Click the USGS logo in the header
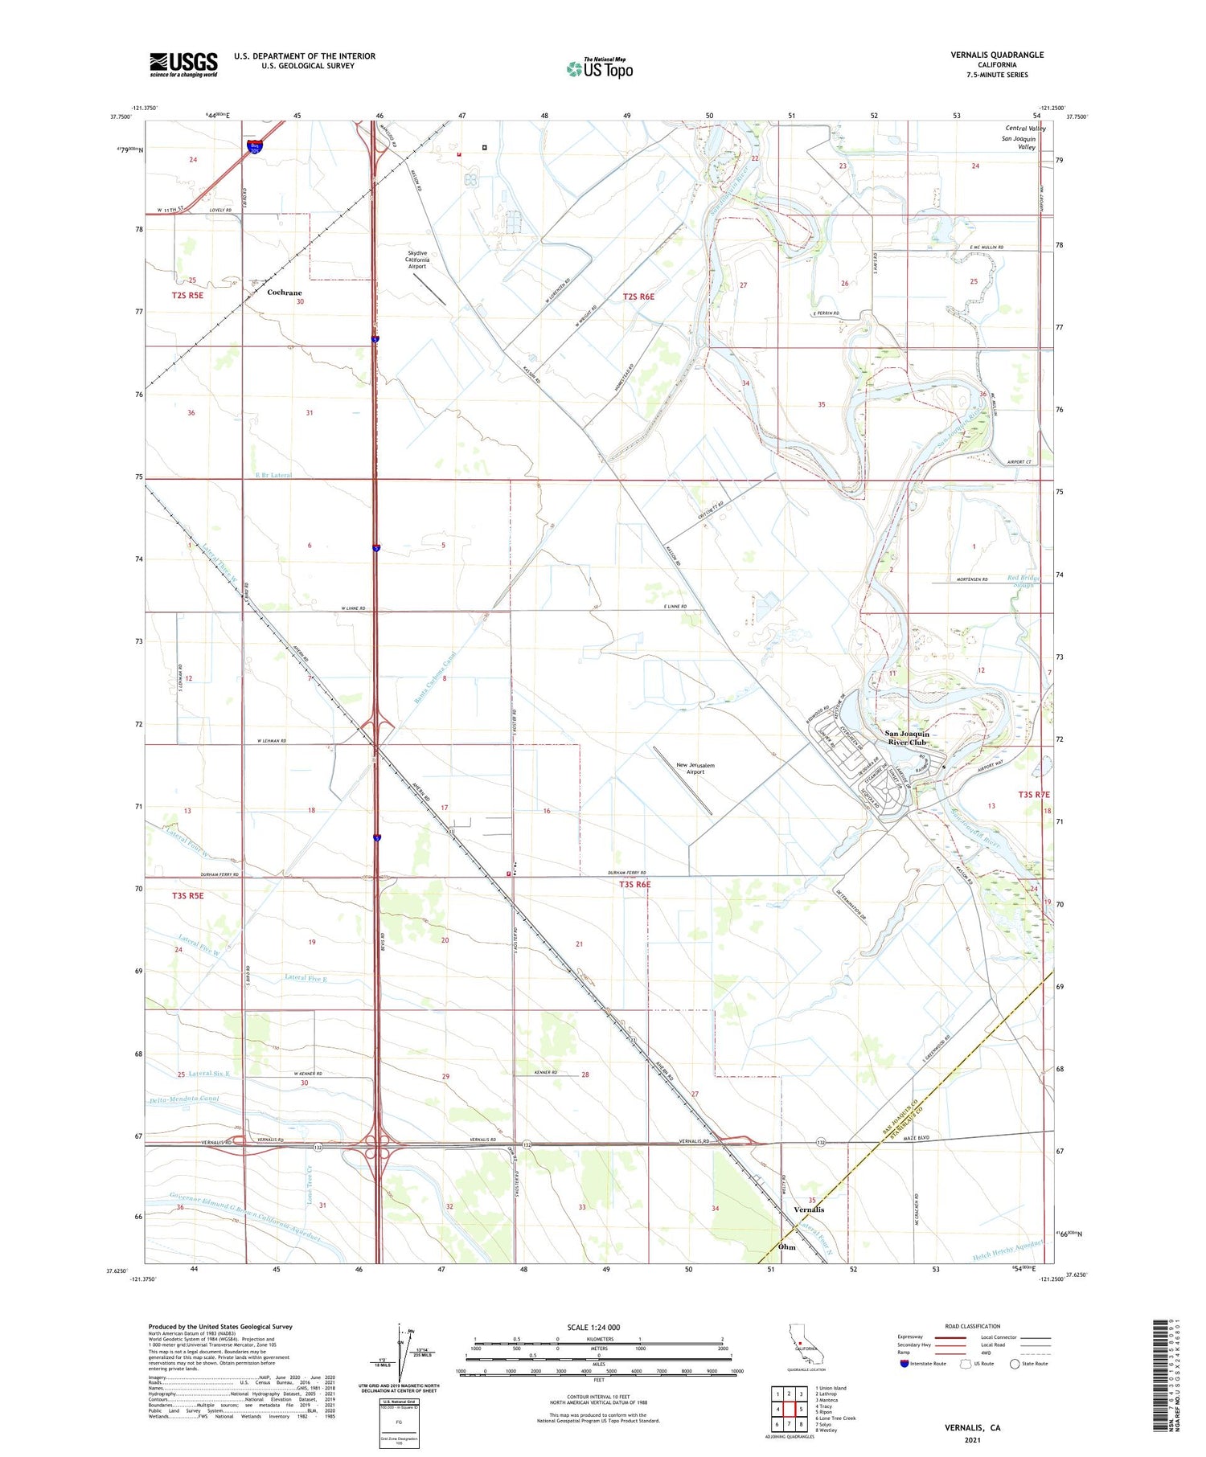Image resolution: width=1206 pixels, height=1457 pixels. click(183, 64)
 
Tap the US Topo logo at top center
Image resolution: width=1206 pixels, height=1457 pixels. click(599, 68)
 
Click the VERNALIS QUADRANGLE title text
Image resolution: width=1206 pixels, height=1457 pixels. click(997, 55)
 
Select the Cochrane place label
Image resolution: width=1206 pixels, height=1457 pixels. click(284, 293)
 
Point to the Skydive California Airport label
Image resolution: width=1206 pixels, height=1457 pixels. click(416, 260)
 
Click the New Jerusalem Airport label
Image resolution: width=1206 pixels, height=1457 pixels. click(695, 768)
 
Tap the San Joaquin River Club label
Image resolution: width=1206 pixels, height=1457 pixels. click(907, 738)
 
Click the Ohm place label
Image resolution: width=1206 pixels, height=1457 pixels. click(786, 1246)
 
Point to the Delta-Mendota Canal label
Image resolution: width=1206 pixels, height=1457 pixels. click(183, 1099)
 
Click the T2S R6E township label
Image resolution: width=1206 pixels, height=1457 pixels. click(638, 297)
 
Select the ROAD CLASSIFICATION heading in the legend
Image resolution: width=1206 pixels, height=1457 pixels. click(973, 1326)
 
